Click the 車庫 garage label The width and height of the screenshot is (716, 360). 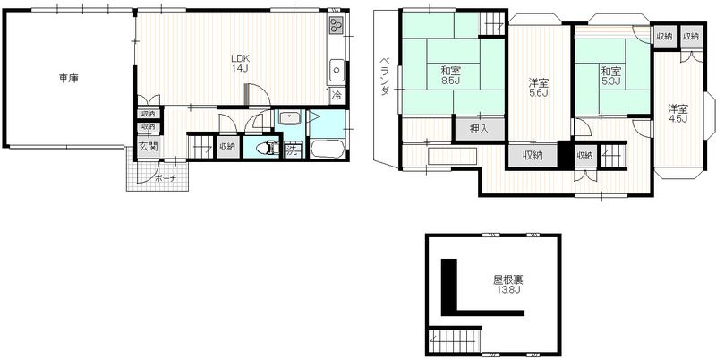click(x=68, y=79)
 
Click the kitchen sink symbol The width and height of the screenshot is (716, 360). click(x=337, y=67)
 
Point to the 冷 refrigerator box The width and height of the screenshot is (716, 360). click(x=337, y=94)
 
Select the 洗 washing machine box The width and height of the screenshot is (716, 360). click(x=292, y=150)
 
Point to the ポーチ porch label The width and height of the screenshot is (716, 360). click(x=165, y=178)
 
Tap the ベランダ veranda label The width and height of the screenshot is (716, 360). click(x=383, y=78)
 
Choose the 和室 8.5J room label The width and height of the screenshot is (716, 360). click(x=450, y=75)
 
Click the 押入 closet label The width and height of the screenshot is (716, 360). click(x=480, y=128)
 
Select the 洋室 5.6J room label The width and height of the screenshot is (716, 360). click(x=538, y=89)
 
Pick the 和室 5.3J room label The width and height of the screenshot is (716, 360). click(x=611, y=75)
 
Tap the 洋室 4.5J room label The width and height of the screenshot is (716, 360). click(x=678, y=114)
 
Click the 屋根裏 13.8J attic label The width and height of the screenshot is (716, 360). click(x=507, y=284)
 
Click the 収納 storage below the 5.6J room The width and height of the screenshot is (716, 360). click(x=533, y=155)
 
